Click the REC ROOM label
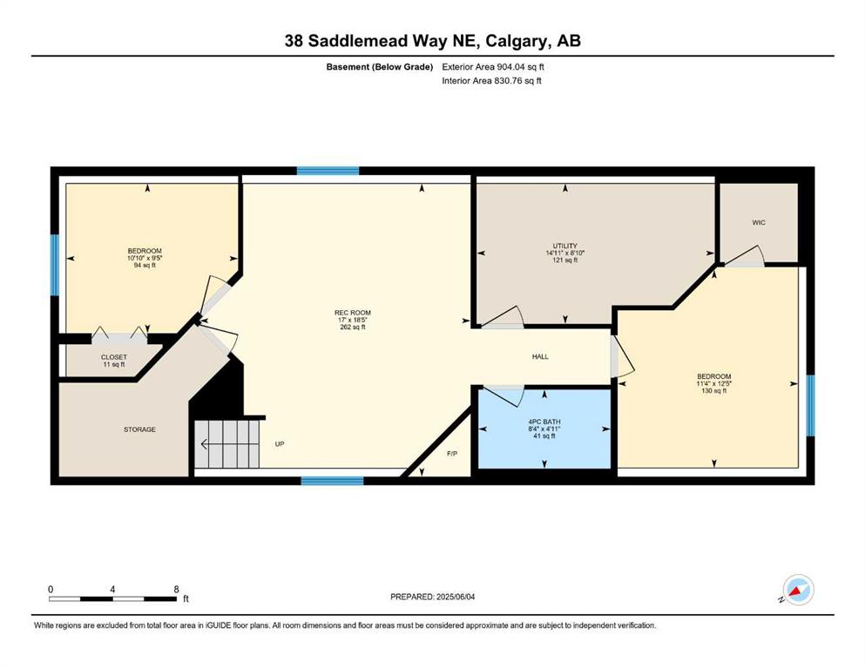click(x=353, y=313)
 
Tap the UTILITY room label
click(x=564, y=246)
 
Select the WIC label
click(x=759, y=223)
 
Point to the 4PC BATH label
click(x=544, y=422)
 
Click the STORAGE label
click(x=139, y=429)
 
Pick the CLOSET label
click(x=113, y=357)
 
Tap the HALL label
click(x=540, y=357)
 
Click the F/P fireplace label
click(x=452, y=454)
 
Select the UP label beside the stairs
click(x=280, y=444)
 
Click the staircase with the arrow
click(x=226, y=444)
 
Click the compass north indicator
click(x=798, y=590)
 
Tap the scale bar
click(x=113, y=598)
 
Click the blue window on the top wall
click(x=328, y=171)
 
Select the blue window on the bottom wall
click(x=332, y=481)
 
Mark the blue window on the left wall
click(x=55, y=265)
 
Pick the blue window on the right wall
click(x=810, y=405)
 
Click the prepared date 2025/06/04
click(x=455, y=597)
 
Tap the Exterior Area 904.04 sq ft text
click(x=493, y=67)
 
